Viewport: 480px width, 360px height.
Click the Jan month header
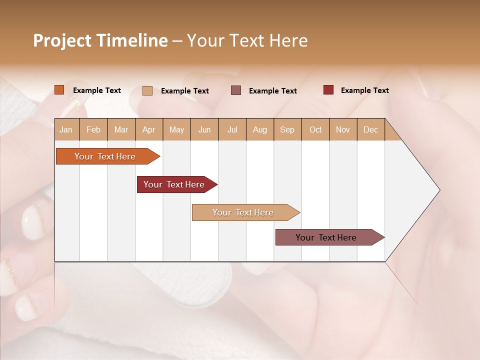(x=66, y=129)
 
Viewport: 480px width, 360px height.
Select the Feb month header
(x=93, y=129)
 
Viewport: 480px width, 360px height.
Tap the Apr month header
(x=148, y=129)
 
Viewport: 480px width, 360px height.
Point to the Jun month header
(x=204, y=129)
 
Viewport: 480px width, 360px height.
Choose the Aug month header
(x=259, y=129)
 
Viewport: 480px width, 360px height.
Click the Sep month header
(x=287, y=129)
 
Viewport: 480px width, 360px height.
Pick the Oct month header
(x=315, y=129)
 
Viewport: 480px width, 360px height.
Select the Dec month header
(x=370, y=129)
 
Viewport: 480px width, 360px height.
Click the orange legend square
(x=59, y=90)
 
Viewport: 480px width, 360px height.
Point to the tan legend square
(x=147, y=90)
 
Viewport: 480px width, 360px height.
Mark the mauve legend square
(x=236, y=90)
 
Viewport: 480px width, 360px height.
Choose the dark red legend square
(x=328, y=90)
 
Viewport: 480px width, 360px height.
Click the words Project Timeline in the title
(x=100, y=40)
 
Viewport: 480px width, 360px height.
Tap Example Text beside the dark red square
(x=364, y=90)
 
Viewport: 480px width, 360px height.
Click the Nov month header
(x=342, y=129)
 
